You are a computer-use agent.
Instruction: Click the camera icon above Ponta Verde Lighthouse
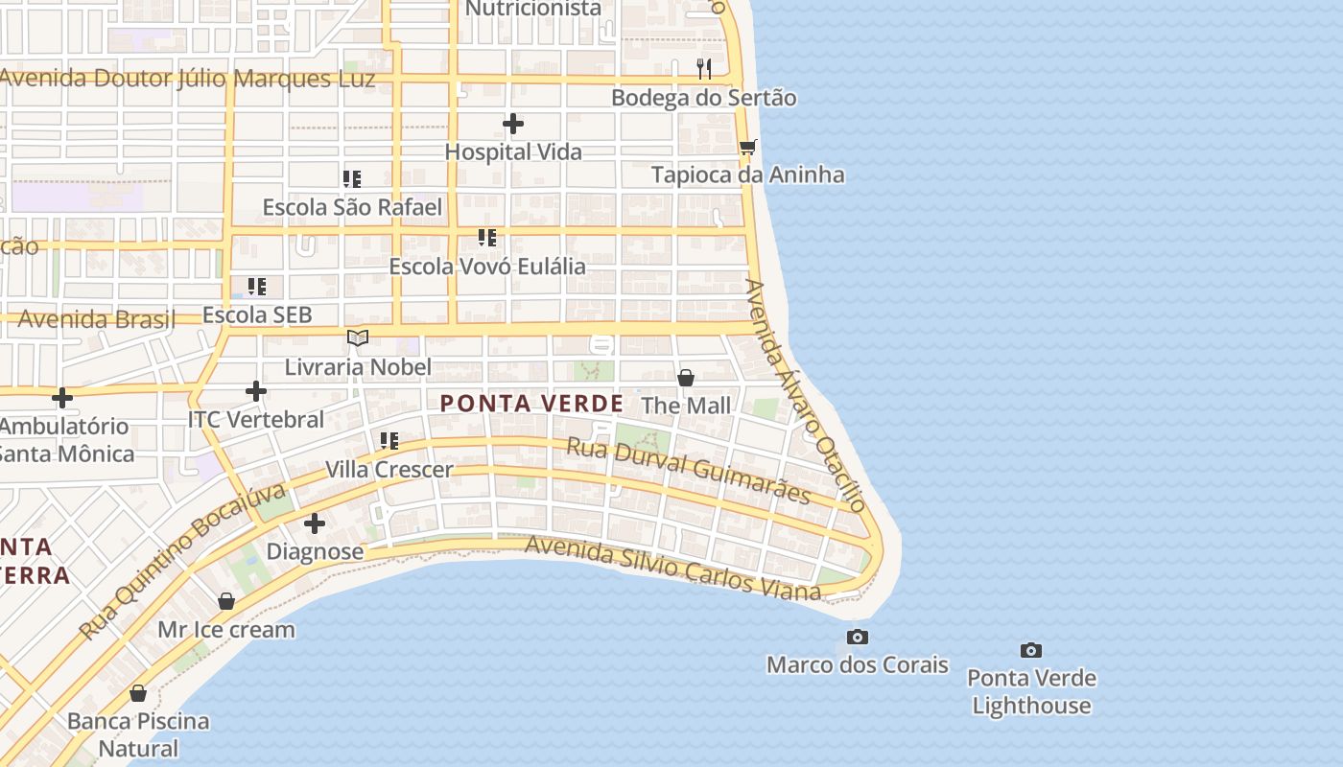[1031, 651]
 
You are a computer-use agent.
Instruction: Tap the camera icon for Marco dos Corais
[858, 638]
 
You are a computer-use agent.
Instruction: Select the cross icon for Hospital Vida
[513, 124]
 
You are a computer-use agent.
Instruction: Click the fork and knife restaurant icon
[704, 68]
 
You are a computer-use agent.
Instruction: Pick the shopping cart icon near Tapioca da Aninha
[748, 147]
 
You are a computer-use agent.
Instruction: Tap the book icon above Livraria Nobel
[358, 338]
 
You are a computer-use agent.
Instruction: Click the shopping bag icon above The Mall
[686, 378]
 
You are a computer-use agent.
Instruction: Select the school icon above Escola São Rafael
[352, 179]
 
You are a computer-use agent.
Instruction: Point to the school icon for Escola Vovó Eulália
[487, 238]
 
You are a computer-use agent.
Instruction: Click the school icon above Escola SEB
[257, 287]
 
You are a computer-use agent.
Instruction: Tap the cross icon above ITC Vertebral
[256, 391]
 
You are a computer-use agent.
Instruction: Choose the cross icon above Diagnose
[315, 523]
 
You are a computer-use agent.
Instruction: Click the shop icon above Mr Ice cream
[226, 601]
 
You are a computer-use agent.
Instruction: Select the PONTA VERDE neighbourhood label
[531, 404]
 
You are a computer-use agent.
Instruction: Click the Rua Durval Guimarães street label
[689, 471]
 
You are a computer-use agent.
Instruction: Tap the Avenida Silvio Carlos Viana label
[672, 567]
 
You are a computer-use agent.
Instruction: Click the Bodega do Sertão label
[703, 98]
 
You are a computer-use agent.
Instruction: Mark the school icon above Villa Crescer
[389, 441]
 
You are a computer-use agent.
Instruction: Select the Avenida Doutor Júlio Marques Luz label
[187, 78]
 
